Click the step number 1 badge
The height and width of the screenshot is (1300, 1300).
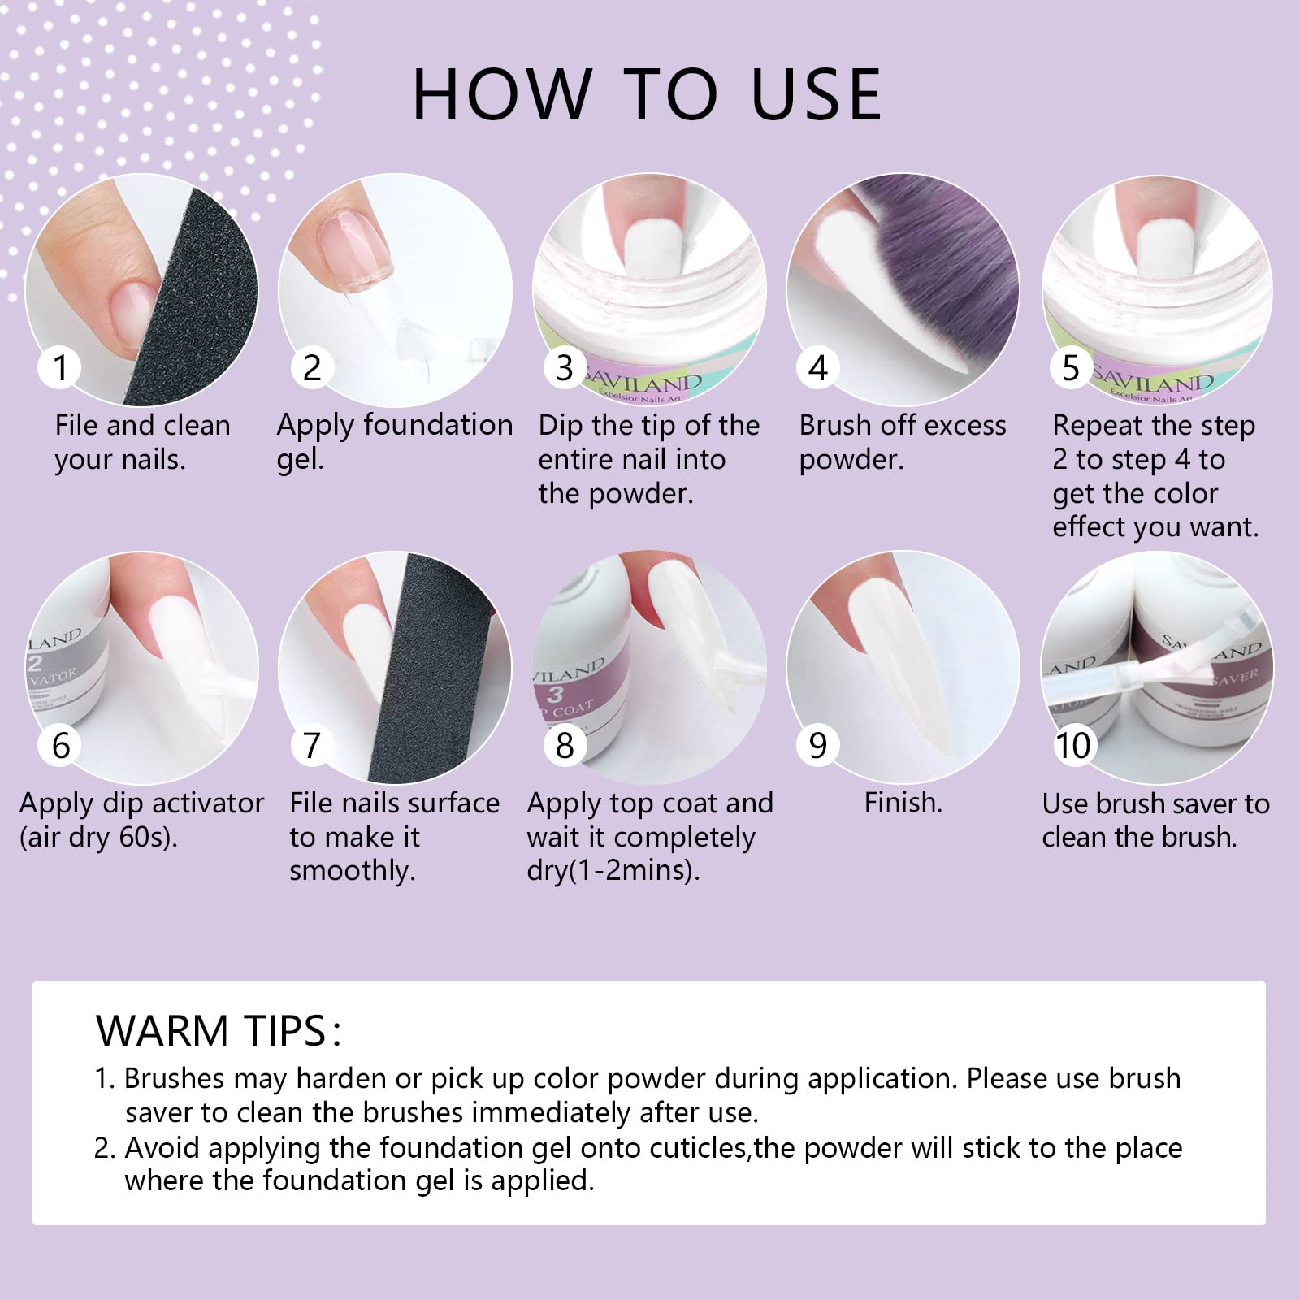tap(59, 367)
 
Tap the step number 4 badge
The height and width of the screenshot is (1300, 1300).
tap(817, 367)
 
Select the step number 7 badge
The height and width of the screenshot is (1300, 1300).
tap(312, 745)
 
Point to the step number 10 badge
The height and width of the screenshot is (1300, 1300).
tap(1072, 745)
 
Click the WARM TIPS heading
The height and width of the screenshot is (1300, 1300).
tap(219, 1030)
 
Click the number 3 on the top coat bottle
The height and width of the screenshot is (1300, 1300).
tap(555, 694)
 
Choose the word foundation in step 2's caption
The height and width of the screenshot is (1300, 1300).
tap(439, 425)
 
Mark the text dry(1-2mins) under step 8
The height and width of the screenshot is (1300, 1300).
tap(613, 871)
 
